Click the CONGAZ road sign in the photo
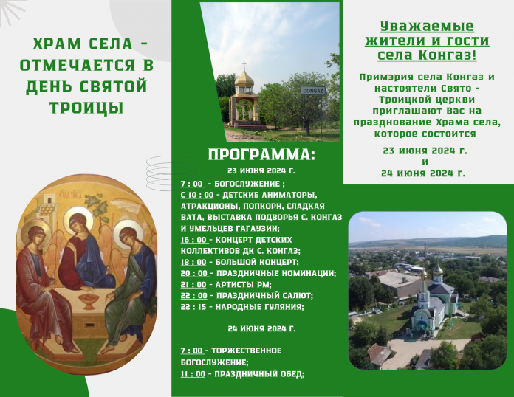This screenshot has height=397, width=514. click(313, 91)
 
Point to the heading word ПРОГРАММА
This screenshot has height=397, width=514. click(261, 155)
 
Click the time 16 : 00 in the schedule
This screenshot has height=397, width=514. click(193, 240)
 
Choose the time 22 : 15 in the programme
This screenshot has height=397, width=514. click(193, 307)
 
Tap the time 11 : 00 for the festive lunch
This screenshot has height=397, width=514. click(193, 374)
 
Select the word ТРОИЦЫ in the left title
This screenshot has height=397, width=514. click(86, 108)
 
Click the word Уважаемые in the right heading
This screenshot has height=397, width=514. click(427, 27)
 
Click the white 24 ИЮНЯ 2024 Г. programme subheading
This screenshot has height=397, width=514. click(261, 329)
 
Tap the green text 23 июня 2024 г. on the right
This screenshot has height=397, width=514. click(425, 151)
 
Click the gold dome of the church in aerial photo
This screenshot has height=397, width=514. click(438, 269)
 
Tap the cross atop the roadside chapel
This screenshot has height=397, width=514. click(244, 65)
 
